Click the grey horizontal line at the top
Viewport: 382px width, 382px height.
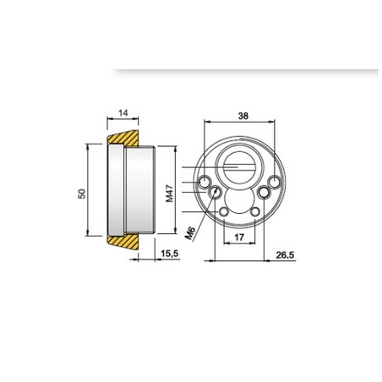click(x=245, y=68)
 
